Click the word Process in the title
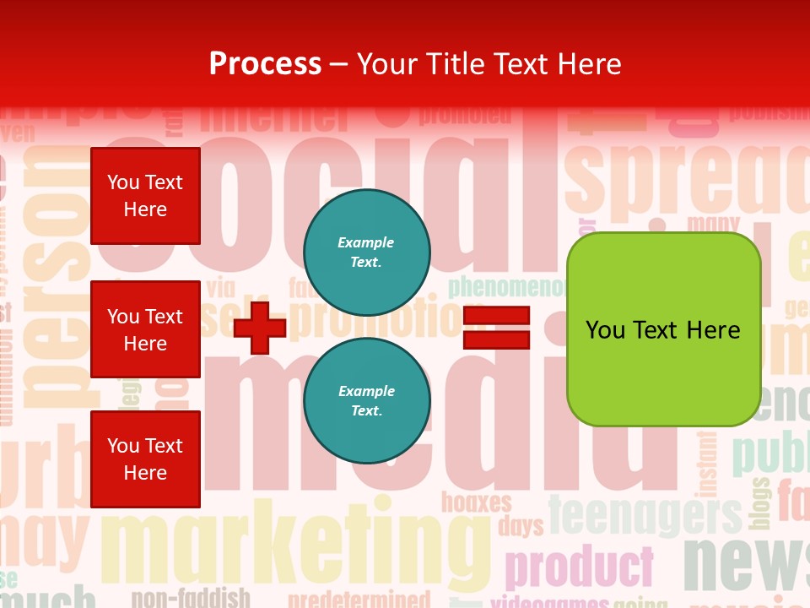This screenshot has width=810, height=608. pyautogui.click(x=265, y=63)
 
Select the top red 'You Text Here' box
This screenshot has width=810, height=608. pyautogui.click(x=145, y=196)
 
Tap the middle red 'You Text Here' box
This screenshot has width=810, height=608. pyautogui.click(x=145, y=329)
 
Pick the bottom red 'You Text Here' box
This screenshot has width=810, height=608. pyautogui.click(x=145, y=459)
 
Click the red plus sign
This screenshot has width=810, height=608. pyautogui.click(x=260, y=327)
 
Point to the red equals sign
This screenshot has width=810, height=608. pyautogui.click(x=496, y=328)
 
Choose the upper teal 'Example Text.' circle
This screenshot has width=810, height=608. pyautogui.click(x=366, y=252)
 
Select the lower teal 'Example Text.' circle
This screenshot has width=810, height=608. pyautogui.click(x=366, y=401)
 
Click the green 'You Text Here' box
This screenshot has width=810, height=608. pyautogui.click(x=663, y=329)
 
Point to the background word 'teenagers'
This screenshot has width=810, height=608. pyautogui.click(x=645, y=513)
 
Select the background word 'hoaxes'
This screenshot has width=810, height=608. pyautogui.click(x=477, y=503)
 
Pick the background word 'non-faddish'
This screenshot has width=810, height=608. pyautogui.click(x=202, y=597)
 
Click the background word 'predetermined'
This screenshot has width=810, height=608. pyautogui.click(x=359, y=600)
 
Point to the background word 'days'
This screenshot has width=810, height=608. pyautogui.click(x=521, y=527)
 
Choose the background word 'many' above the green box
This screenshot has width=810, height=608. pyautogui.click(x=713, y=224)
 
